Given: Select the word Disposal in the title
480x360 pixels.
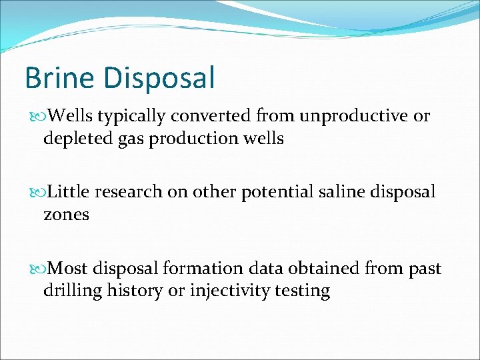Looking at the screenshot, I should (159, 79).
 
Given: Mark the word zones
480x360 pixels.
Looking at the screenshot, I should (66, 215).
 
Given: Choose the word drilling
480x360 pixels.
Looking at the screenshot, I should (72, 292).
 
